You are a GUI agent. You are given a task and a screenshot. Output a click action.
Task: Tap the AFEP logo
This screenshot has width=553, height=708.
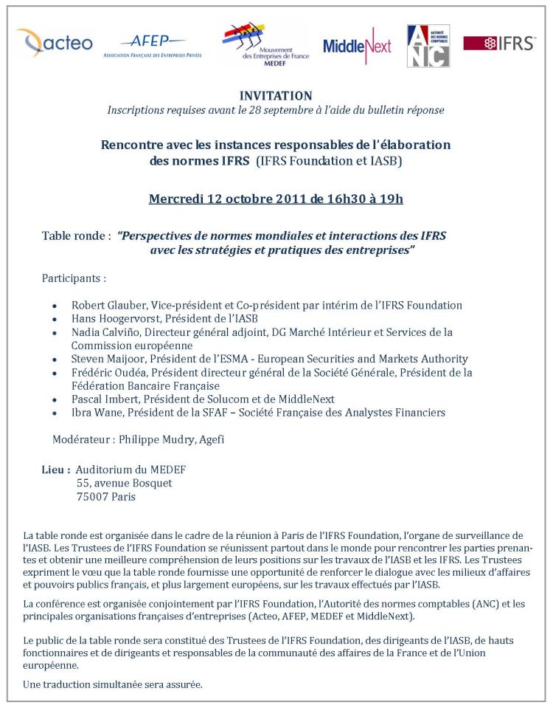[153, 45]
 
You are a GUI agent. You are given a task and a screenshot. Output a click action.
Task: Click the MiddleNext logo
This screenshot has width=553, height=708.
[357, 45]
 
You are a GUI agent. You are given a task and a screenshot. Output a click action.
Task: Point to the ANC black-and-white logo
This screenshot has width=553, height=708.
[428, 46]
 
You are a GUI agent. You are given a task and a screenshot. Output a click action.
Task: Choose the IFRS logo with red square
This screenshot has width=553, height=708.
[499, 44]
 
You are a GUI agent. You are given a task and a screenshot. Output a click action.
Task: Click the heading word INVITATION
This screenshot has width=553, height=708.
[276, 96]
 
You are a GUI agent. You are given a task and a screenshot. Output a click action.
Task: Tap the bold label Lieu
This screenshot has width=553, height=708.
[55, 469]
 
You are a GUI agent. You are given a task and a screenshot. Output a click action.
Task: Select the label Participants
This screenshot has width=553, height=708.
[74, 278]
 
